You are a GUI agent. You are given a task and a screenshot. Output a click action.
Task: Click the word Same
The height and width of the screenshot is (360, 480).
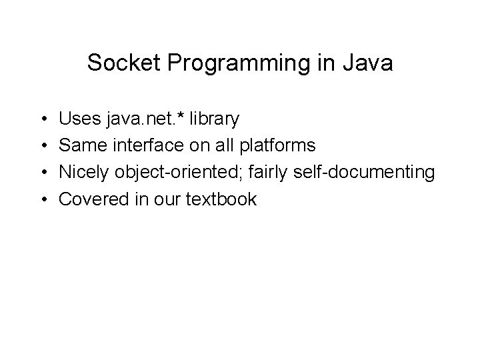(x=80, y=146)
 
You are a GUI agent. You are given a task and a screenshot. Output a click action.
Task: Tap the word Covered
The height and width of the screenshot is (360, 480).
(x=90, y=199)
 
